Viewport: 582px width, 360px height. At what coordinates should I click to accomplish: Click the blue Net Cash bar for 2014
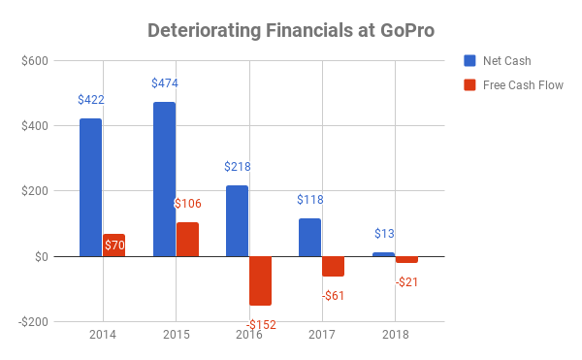(90, 187)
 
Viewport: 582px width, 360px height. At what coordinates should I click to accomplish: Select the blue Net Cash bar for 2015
(164, 180)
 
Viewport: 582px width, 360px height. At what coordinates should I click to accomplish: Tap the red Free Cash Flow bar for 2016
(260, 280)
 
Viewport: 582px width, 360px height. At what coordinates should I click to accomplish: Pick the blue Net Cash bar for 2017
(309, 237)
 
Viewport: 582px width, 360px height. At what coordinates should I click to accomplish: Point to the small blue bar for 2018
(383, 254)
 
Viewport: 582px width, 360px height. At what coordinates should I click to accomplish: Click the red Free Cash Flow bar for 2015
(187, 239)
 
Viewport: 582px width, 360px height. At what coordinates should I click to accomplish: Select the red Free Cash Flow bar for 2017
(333, 266)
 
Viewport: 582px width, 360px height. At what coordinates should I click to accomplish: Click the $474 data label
(164, 83)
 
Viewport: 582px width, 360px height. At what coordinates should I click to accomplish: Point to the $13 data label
(383, 234)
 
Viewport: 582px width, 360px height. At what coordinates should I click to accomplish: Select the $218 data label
(238, 167)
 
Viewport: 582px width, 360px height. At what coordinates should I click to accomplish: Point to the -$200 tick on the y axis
(32, 321)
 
